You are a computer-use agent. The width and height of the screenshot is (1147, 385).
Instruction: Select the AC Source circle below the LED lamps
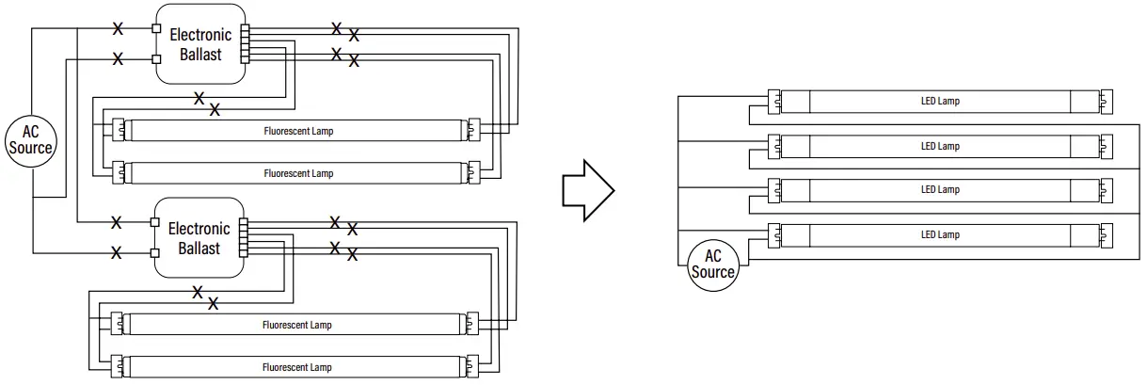click(x=712, y=265)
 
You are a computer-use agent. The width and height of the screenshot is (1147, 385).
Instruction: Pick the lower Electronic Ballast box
click(x=199, y=238)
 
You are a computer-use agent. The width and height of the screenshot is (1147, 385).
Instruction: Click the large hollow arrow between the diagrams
click(x=587, y=189)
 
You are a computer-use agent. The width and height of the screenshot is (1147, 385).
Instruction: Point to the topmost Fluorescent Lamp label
click(x=298, y=131)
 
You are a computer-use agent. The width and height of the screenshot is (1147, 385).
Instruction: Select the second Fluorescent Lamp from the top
click(x=298, y=173)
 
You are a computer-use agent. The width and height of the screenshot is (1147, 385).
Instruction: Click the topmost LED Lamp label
click(x=940, y=101)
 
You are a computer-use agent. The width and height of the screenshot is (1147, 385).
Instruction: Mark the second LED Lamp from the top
click(x=940, y=146)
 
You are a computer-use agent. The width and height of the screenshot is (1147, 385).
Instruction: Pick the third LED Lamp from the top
click(x=940, y=189)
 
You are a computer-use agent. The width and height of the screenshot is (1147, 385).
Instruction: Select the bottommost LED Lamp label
click(x=940, y=234)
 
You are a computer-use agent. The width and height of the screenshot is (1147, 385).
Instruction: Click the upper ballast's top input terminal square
click(x=156, y=28)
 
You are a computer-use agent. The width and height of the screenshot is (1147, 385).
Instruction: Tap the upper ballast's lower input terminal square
click(x=156, y=59)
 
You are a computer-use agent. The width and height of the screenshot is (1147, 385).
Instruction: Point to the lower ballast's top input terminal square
click(x=155, y=223)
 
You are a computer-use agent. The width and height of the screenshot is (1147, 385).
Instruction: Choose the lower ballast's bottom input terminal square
click(x=155, y=253)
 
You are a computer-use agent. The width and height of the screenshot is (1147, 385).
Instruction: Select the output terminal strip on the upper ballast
click(x=246, y=43)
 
